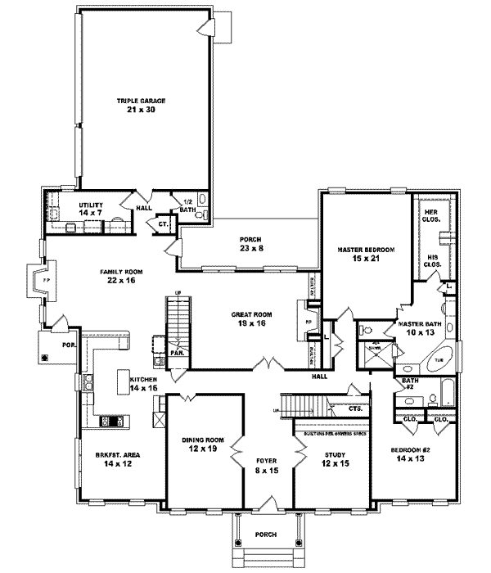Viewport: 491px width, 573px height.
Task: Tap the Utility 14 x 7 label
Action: pyautogui.click(x=91, y=210)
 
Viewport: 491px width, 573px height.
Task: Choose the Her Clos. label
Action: pyautogui.click(x=430, y=216)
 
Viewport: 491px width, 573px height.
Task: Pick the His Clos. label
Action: pyautogui.click(x=432, y=262)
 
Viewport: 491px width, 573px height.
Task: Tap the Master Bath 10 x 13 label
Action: pyautogui.click(x=421, y=327)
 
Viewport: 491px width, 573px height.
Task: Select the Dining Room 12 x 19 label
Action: pyautogui.click(x=204, y=444)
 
